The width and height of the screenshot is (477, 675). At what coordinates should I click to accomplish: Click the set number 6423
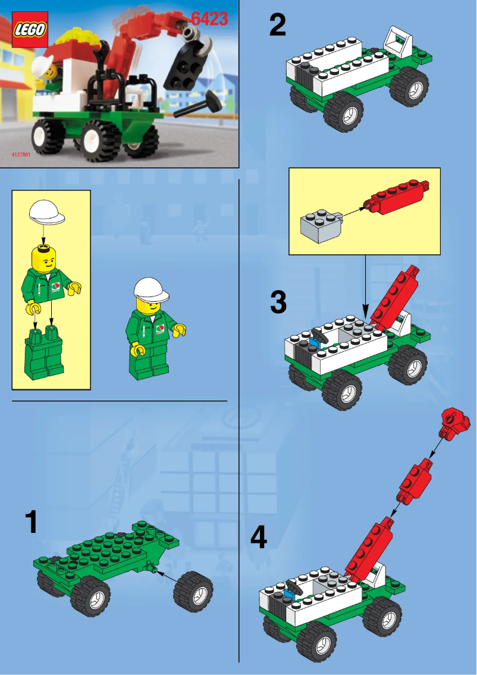pyautogui.click(x=210, y=19)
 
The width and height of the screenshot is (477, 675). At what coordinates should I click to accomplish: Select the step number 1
pyautogui.click(x=31, y=522)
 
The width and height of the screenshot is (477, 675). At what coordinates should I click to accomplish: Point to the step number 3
pyautogui.click(x=278, y=302)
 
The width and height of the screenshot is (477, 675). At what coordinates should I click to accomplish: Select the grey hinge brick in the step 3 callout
pyautogui.click(x=319, y=224)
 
